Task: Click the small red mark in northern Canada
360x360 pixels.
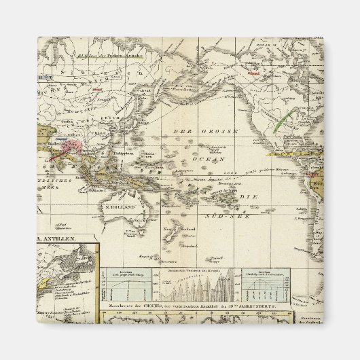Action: click(x=253, y=73)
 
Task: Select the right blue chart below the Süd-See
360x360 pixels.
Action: click(x=268, y=285)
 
